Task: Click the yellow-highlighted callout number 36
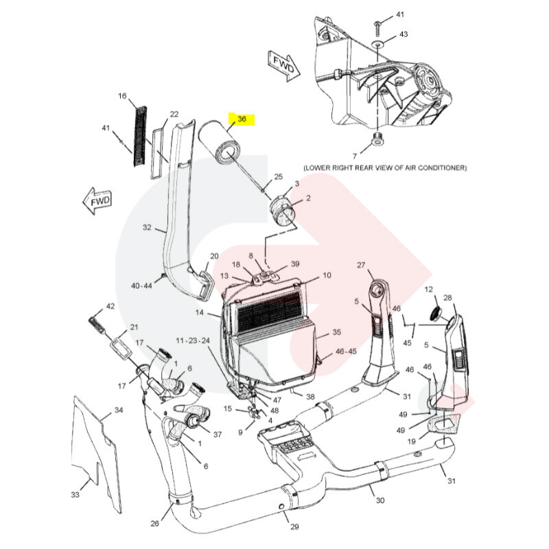pos(242,119)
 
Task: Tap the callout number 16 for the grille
pos(123,96)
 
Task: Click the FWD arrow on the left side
pos(96,200)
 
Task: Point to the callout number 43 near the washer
pos(403,34)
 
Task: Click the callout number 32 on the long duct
pos(146,227)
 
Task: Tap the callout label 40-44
pos(143,285)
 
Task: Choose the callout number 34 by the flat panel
pos(119,410)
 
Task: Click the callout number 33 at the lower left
pos(75,494)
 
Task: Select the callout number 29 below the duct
pos(294,526)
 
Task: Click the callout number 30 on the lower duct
pos(379,500)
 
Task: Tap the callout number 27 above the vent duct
pos(362,265)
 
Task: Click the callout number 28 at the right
pos(448,298)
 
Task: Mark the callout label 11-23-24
pos(192,340)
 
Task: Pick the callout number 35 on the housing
pos(336,332)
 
